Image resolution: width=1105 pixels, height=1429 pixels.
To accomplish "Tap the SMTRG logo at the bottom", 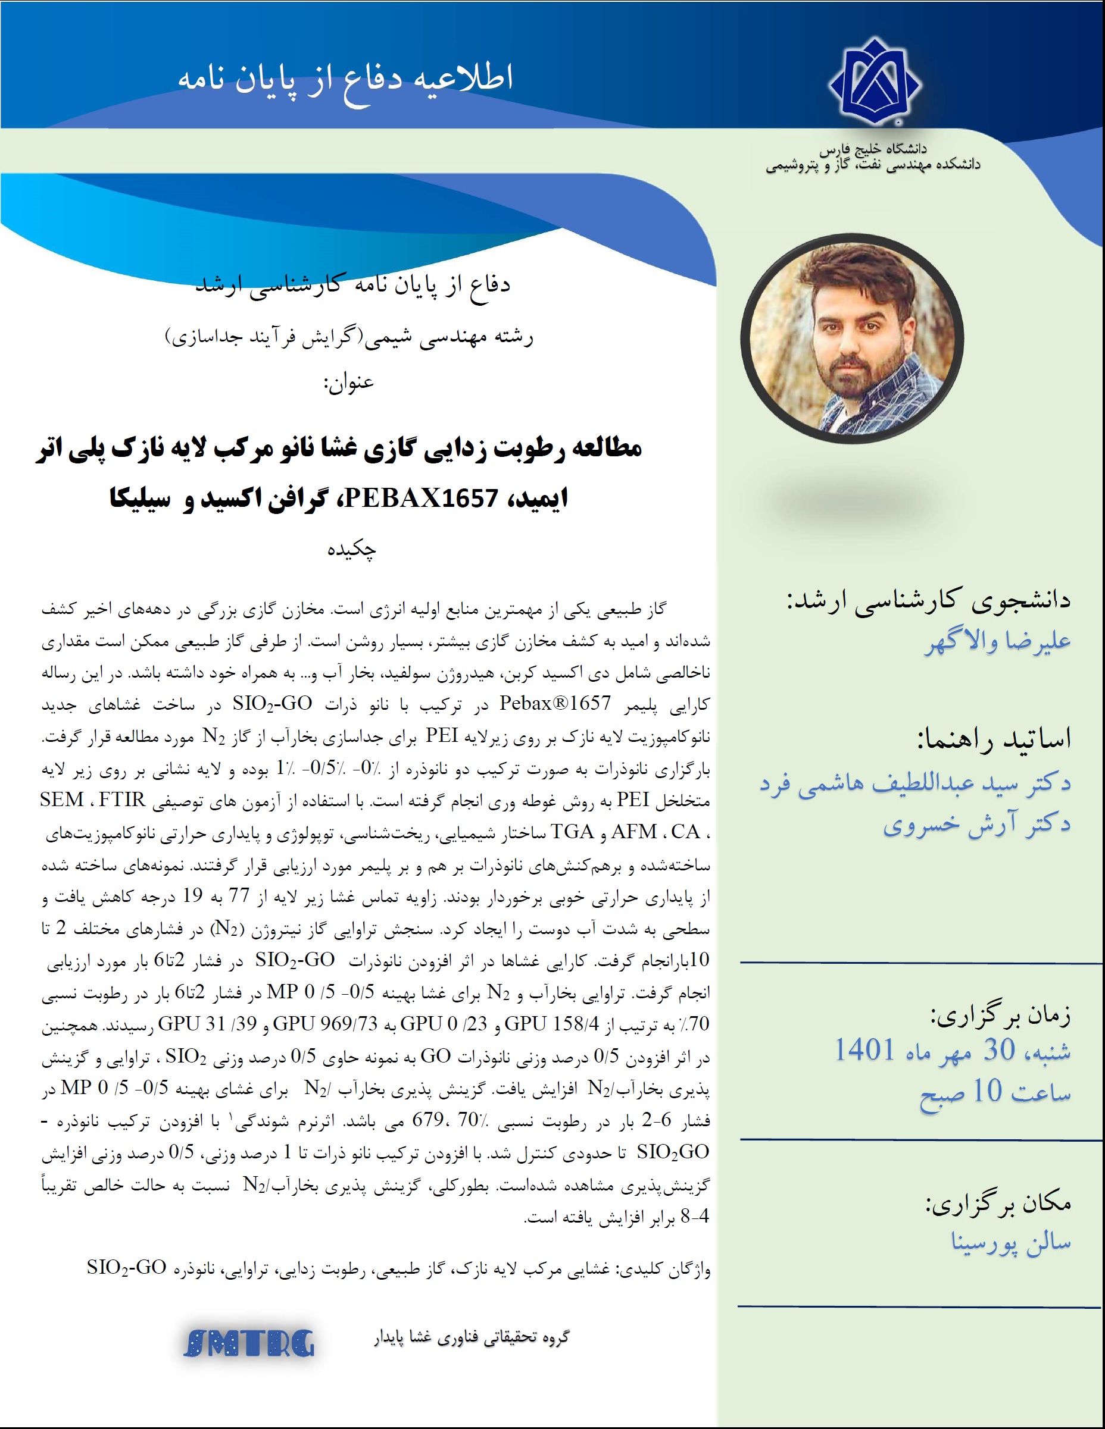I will click(249, 1344).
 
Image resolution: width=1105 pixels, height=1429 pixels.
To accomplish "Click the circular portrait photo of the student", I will click(853, 339).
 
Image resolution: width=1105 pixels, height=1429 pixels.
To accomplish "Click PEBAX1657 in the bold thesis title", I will click(421, 499).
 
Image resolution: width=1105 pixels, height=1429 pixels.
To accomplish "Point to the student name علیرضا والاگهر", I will click(998, 641).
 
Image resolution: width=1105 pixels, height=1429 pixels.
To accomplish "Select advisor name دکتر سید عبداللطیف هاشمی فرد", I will click(915, 782).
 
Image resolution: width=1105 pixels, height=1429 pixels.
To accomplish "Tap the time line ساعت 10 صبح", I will click(995, 1091).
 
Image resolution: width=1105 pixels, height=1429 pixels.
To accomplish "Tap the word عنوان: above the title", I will click(348, 382).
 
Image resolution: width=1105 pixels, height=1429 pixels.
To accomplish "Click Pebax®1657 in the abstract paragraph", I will click(555, 703).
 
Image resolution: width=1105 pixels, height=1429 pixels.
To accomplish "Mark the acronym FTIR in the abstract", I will click(122, 800).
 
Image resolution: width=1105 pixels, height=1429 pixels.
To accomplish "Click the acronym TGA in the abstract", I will click(572, 832).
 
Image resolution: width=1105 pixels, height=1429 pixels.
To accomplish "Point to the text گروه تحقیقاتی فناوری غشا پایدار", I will click(472, 1337).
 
